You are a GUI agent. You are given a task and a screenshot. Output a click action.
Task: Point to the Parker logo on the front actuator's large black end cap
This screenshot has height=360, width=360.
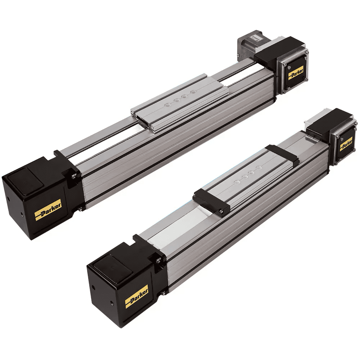[x=136, y=294]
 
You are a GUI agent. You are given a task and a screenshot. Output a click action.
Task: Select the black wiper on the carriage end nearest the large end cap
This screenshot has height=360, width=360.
[x=211, y=199]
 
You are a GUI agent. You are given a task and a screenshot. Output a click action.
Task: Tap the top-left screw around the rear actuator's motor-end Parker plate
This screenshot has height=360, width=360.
[x=285, y=65]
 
